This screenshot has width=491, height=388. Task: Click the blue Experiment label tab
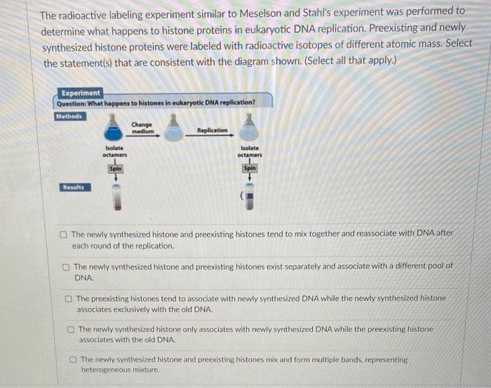[80, 93]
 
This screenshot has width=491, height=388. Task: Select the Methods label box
[70, 116]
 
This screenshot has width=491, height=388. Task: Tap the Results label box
[75, 187]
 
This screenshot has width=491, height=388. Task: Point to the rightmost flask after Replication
[249, 128]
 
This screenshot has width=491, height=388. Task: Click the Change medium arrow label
[142, 128]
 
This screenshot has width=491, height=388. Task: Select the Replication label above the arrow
[213, 131]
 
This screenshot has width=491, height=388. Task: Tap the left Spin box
[116, 169]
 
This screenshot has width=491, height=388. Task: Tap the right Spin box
[250, 168]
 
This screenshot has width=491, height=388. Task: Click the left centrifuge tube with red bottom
[117, 197]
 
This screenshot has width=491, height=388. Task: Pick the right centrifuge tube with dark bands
[250, 196]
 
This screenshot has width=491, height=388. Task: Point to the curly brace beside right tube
[241, 196]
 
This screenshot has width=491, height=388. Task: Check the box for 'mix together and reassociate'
[64, 234]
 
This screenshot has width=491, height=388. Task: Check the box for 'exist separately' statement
[66, 267]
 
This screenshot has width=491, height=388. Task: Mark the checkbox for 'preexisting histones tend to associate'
[68, 299]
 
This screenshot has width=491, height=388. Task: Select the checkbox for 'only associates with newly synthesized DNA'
[71, 330]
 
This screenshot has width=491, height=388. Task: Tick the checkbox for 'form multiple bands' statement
[73, 359]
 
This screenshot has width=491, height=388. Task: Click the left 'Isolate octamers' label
[114, 152]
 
